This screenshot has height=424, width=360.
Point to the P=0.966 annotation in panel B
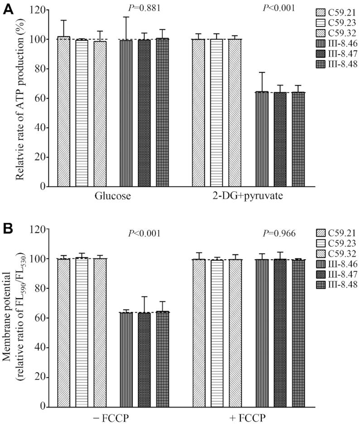coord(279,234)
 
